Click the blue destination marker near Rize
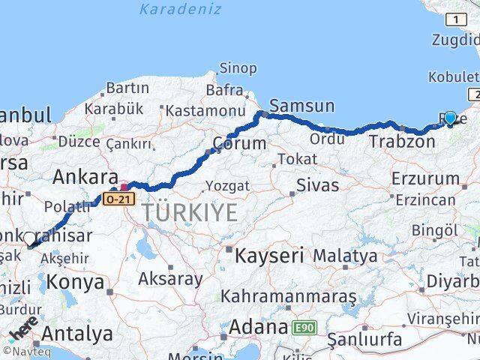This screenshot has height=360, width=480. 450,118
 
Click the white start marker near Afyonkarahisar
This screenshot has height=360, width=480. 29,239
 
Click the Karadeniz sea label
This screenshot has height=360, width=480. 180,10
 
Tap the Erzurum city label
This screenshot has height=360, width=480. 425,178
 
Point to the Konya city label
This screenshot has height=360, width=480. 76,282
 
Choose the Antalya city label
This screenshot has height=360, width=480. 78,333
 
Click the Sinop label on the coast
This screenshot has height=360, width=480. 238,69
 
